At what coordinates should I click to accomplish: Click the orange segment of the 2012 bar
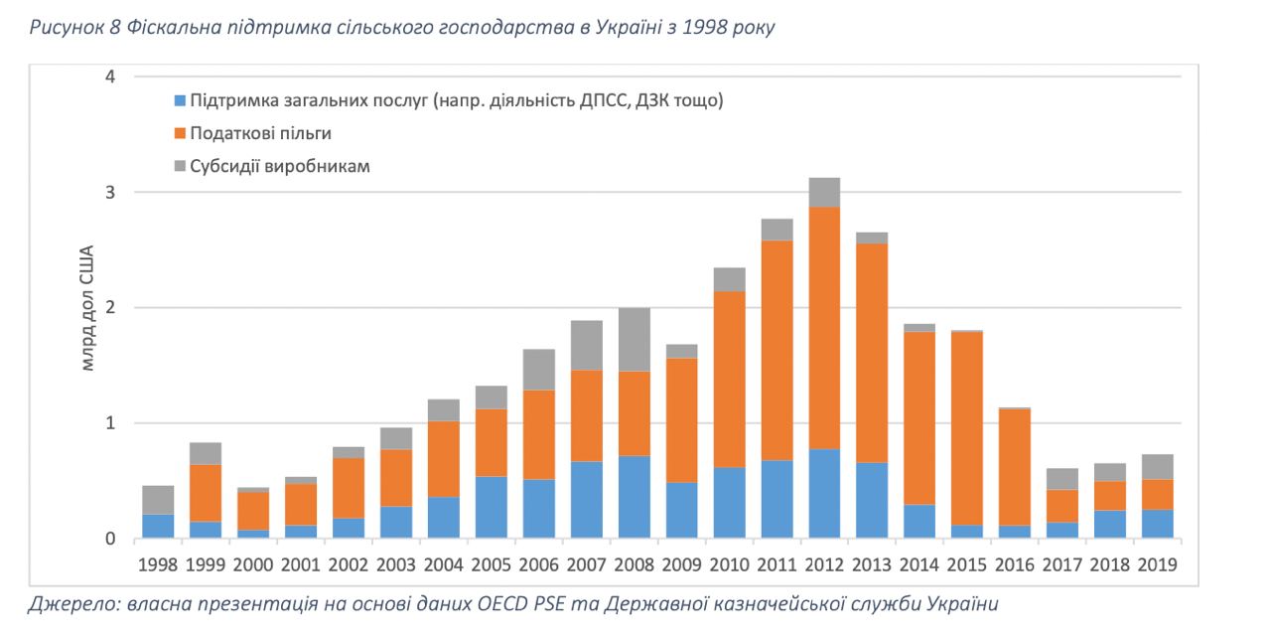(824, 328)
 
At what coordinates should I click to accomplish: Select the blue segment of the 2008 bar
(634, 498)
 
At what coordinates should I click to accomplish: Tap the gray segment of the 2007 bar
(586, 346)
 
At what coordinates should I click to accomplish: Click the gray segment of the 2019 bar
(1158, 467)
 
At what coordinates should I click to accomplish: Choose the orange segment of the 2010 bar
(729, 379)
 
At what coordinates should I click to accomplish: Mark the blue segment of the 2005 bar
(491, 508)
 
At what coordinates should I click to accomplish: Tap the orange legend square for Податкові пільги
(180, 133)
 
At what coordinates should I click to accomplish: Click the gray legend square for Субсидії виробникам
(180, 166)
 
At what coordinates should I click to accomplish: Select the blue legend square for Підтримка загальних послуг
(180, 100)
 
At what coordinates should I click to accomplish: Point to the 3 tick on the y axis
(110, 192)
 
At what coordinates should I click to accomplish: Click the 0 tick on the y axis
(110, 540)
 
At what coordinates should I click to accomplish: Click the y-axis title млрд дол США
(87, 307)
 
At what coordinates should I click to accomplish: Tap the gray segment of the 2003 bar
(395, 438)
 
